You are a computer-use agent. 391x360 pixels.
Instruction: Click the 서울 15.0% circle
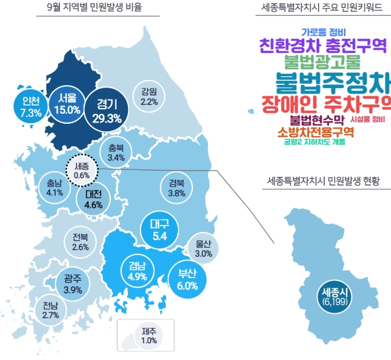pos(67,103)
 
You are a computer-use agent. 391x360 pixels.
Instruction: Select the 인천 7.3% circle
pos(31,106)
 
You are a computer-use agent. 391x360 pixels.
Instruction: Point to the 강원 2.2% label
pos(149,96)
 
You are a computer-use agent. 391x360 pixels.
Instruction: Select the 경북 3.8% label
pos(177,188)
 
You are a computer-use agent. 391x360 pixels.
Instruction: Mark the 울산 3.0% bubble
pos(204,249)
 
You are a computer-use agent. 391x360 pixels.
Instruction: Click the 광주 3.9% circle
pos(73,284)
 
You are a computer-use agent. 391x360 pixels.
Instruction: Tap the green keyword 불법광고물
pos(322,61)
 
